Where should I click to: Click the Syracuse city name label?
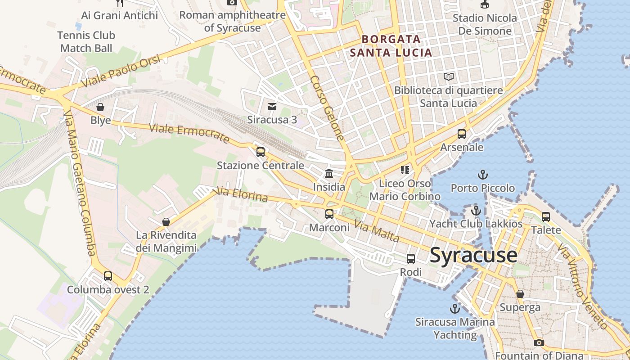(473, 255)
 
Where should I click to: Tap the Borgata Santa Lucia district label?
(391, 46)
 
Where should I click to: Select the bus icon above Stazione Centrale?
(261, 152)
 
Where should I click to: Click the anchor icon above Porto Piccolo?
(482, 175)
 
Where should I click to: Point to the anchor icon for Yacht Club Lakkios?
(476, 210)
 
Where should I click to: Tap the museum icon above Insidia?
(329, 174)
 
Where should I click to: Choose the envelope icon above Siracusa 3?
(272, 107)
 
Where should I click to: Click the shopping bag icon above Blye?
(100, 108)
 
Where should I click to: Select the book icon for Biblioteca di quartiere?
(449, 77)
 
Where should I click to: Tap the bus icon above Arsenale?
(462, 134)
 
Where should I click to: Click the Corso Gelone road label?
(327, 108)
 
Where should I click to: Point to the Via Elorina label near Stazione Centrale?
(242, 194)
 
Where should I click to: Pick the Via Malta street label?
(376, 231)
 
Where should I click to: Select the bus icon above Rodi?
(411, 259)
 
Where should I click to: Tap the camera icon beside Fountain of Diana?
(539, 342)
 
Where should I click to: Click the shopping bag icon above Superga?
(520, 294)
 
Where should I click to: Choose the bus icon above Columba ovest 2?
(108, 276)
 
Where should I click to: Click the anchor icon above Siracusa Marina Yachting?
(455, 309)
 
